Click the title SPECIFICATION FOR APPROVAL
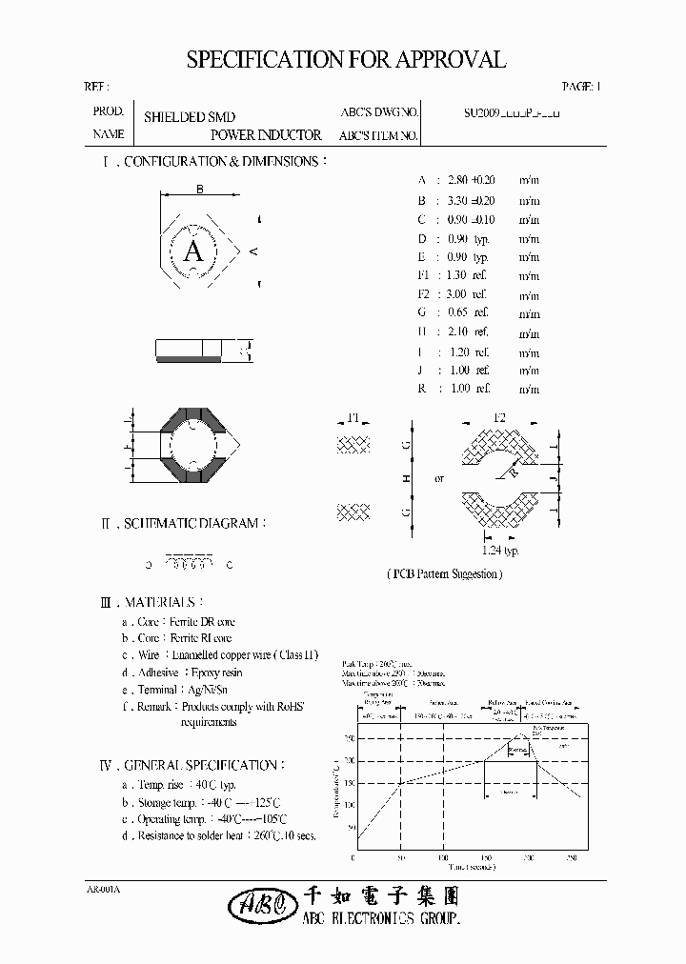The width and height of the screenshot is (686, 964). coord(345,60)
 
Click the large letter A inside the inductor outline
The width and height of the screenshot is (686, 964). coord(193,251)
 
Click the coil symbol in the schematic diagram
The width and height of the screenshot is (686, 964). coord(189,563)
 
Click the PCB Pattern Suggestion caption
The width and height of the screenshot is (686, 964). coord(444,573)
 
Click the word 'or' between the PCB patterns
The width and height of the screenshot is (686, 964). coord(439,478)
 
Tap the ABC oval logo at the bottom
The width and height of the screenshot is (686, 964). coord(255,905)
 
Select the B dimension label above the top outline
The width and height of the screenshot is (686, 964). coord(199,190)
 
